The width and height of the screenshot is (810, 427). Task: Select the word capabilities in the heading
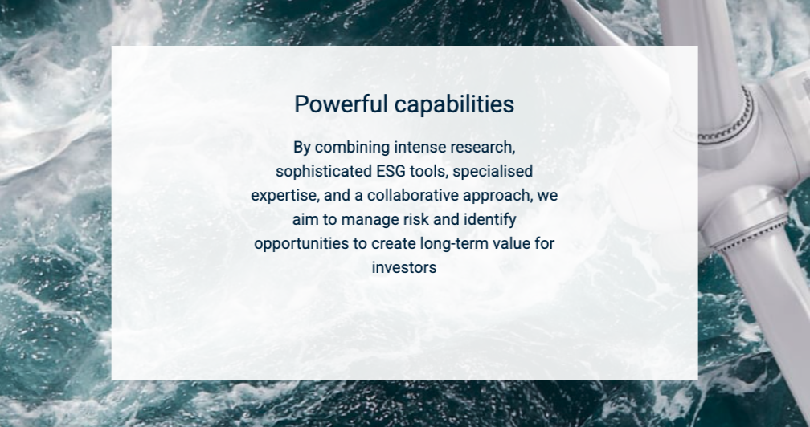pos(454,104)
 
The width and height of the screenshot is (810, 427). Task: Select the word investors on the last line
pos(404,267)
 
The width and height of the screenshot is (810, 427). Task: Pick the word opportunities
pos(301,244)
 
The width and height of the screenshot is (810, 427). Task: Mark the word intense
pos(420,148)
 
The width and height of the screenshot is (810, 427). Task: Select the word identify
pos(490,220)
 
